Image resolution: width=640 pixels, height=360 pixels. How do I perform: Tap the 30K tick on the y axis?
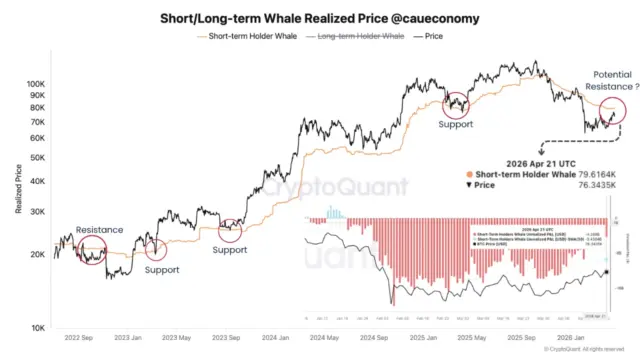coord(38,211)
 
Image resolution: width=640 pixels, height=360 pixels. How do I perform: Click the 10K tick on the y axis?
coord(38,328)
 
